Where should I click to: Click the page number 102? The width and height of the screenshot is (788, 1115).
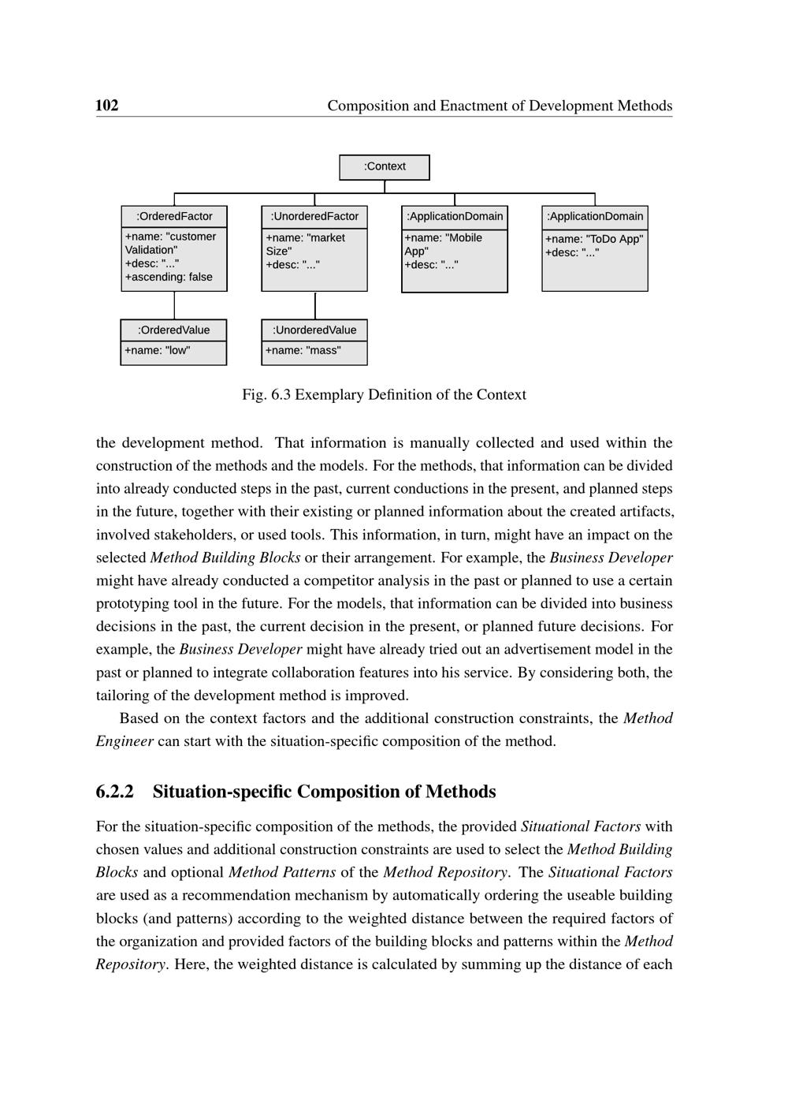pos(107,106)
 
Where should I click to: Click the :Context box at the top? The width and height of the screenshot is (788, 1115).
pos(385,167)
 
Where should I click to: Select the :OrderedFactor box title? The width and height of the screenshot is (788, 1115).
pos(174,217)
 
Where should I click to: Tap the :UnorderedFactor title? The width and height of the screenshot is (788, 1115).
pos(314,217)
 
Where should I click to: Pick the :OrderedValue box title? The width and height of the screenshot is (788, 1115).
pos(173,330)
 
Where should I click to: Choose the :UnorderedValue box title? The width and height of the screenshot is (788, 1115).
pos(314,330)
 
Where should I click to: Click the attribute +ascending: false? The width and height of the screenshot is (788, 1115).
pos(169,278)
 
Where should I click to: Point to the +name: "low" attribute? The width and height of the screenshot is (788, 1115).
pos(157,351)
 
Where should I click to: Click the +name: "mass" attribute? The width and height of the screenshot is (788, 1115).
pos(303,351)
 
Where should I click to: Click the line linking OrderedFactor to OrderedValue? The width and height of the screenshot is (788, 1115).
pos(174,305)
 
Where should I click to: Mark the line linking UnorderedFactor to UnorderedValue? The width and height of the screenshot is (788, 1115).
pos(315,305)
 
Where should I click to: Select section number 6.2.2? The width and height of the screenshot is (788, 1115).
pos(115,792)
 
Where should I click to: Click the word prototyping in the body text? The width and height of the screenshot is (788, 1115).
pos(132,604)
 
